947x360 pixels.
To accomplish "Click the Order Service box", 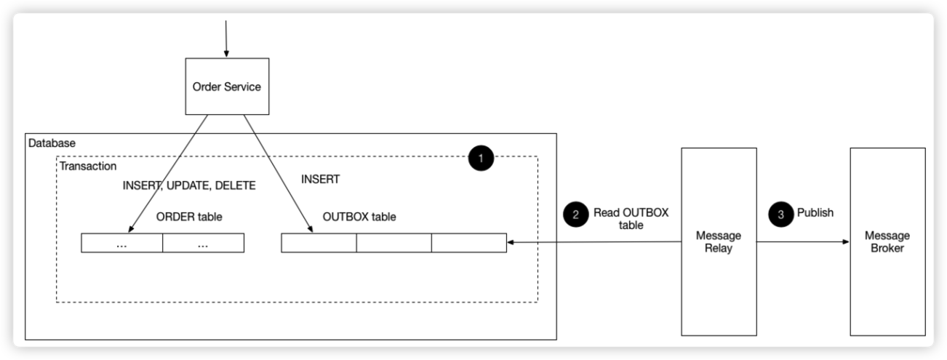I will tap(226, 87).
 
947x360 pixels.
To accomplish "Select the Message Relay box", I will tap(719, 241).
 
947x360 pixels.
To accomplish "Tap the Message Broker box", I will tap(887, 241).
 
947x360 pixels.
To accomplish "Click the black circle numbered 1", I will tap(481, 158).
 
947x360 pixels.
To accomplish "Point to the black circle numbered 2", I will tap(576, 214).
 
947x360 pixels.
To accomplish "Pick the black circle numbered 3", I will tap(780, 214).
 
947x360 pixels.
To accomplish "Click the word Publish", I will tap(815, 214).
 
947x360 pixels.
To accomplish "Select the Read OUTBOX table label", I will tap(631, 219).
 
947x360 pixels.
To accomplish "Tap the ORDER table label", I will tap(189, 217).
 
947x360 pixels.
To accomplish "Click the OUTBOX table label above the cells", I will tap(359, 217).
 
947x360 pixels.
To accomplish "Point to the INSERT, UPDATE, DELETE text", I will tap(189, 185).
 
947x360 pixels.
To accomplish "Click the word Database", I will tap(52, 143).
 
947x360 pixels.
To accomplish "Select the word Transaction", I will tap(87, 167).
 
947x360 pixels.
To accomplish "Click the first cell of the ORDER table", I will tap(121, 243).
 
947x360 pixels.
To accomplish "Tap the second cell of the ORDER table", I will tap(203, 243).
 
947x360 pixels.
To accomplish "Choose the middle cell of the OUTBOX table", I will tap(393, 243).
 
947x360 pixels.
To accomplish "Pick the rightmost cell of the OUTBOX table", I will tap(469, 243).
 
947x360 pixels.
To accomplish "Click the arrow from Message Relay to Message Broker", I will tap(802, 241).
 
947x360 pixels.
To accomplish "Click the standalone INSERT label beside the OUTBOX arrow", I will tap(320, 179).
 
